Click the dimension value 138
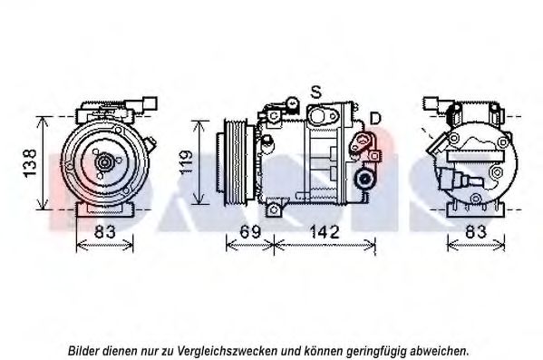click(x=30, y=163)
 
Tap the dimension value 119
click(x=187, y=162)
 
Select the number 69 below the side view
click(x=250, y=232)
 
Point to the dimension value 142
click(x=324, y=232)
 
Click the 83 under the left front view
click(x=104, y=232)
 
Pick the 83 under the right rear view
click(x=476, y=232)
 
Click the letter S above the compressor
click(x=315, y=92)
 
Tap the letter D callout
click(x=375, y=118)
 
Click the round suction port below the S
click(x=317, y=116)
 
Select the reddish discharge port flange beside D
click(x=361, y=142)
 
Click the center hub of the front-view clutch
click(x=104, y=162)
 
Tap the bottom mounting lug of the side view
click(x=274, y=209)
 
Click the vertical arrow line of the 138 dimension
click(x=43, y=163)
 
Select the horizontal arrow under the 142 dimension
click(x=325, y=246)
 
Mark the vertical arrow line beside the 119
click(x=199, y=162)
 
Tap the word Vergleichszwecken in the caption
click(x=228, y=351)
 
